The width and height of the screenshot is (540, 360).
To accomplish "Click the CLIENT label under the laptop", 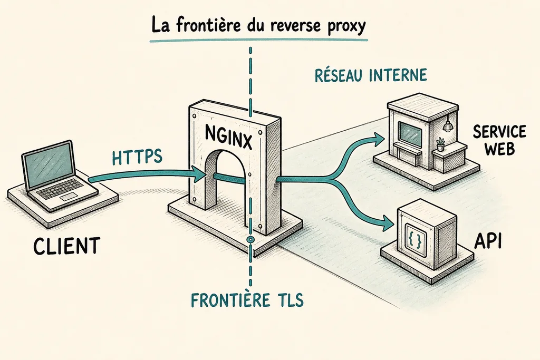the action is pos(66,246).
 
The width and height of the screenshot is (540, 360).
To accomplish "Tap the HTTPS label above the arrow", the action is pos(137,157).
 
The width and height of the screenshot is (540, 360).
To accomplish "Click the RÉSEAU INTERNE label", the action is pos(371,75).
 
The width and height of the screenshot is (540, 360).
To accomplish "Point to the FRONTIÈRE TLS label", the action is pos(247,300).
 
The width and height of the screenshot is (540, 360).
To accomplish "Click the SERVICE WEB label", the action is pos(499,140).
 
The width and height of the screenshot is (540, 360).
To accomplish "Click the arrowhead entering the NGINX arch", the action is pos(199,174).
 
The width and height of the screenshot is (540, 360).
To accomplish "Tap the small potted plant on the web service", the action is pos(440,144).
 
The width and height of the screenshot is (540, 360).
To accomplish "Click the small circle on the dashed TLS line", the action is pos(250,239).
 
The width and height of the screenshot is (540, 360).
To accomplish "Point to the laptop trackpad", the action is pos(69,197).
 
